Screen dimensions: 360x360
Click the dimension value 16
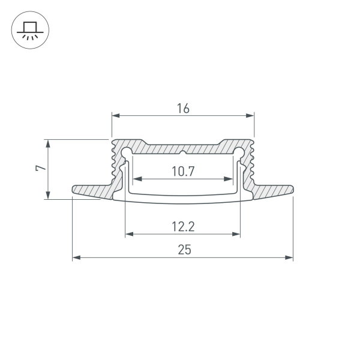tap(183, 109)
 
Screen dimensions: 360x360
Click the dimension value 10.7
tap(183, 172)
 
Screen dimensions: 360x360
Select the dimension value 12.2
tap(183, 227)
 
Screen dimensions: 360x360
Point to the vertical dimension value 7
tap(39, 169)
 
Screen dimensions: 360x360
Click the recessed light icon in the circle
tap(28, 29)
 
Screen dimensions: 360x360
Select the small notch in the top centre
tap(183, 146)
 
